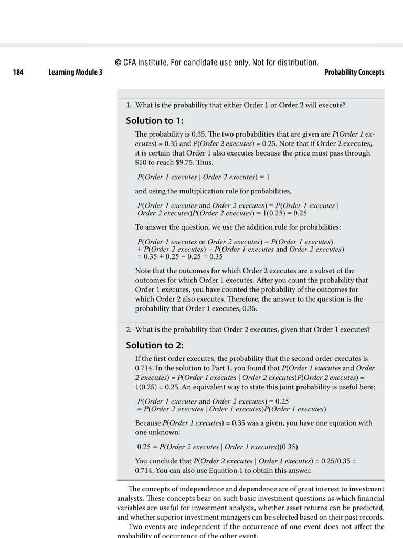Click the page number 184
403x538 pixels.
18,73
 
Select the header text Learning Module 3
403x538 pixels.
76,73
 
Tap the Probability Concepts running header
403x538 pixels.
354,73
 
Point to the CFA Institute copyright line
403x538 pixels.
216,63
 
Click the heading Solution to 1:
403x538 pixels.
155,120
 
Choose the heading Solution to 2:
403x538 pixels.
155,345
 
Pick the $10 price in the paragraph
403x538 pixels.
141,163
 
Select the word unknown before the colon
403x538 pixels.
165,432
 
